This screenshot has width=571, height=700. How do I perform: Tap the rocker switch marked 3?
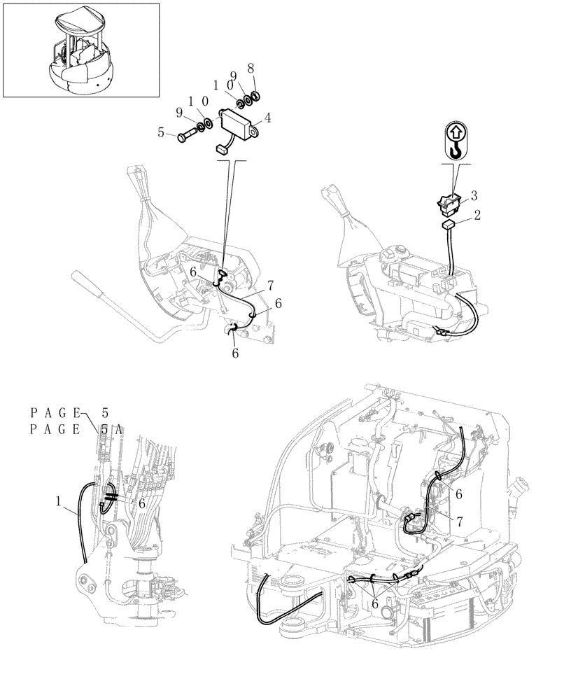[446, 204]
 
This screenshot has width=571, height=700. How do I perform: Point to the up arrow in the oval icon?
[455, 131]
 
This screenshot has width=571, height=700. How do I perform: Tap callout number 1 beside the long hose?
[59, 500]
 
